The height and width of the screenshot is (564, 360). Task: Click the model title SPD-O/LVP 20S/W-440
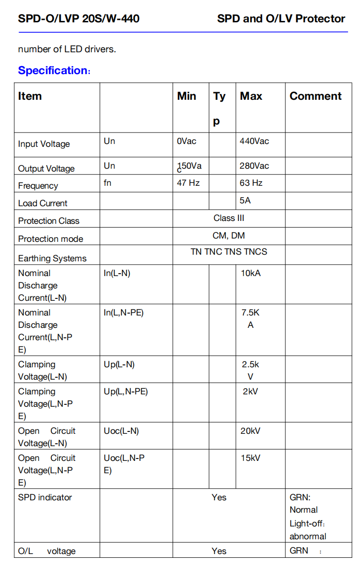[78, 19]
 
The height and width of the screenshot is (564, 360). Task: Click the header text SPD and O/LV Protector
[281, 19]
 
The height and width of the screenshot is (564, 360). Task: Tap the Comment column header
[315, 96]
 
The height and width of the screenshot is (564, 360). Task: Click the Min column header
[186, 96]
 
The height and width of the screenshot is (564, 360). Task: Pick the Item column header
[30, 96]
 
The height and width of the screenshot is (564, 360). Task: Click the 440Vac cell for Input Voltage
[254, 141]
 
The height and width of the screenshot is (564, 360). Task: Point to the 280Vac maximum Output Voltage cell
[254, 166]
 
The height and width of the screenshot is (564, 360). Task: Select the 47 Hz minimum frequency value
[188, 183]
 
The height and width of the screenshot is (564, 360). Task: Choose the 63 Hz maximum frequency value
[251, 183]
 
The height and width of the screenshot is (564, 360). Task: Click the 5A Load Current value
[245, 201]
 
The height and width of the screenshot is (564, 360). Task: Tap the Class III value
[229, 218]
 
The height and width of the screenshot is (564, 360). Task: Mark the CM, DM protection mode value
[229, 236]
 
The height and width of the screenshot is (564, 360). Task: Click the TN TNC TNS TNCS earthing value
[229, 252]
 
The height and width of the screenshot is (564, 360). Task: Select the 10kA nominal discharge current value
[251, 273]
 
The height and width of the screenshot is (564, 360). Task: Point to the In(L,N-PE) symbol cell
[124, 313]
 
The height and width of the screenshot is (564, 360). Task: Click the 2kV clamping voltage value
[250, 392]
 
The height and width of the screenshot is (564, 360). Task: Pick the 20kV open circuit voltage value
[251, 431]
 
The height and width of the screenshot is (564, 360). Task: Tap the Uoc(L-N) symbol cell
[121, 431]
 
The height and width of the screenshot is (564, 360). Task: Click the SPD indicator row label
[45, 497]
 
